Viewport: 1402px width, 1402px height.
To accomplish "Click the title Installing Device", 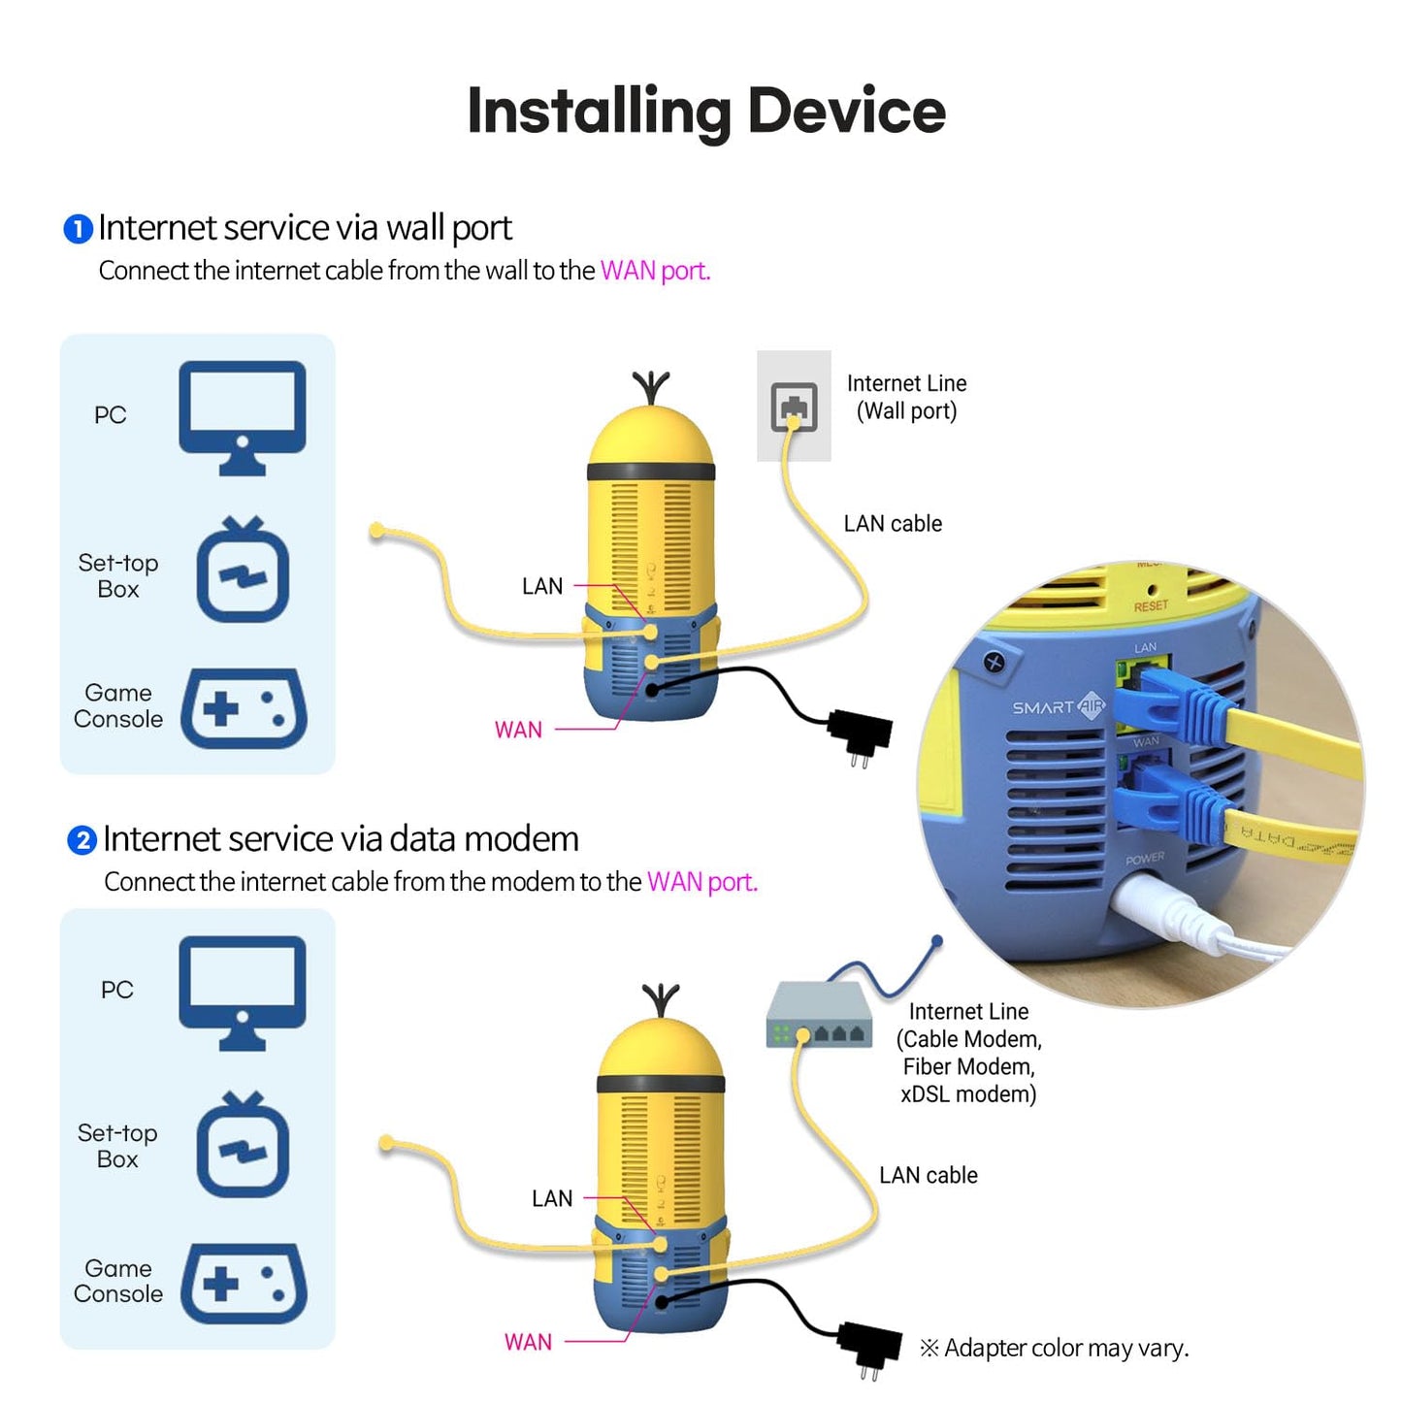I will point(705,112).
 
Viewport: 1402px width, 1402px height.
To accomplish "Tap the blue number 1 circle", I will point(78,229).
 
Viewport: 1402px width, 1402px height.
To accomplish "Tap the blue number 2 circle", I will point(82,840).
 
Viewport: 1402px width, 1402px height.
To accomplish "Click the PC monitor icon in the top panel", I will point(243,416).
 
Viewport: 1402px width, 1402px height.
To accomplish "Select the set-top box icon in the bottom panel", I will point(243,1145).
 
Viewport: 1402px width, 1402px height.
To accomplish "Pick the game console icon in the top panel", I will point(244,708).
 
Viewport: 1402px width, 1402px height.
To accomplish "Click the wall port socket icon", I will point(794,406).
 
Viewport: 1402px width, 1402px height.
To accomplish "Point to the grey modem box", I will point(818,1015).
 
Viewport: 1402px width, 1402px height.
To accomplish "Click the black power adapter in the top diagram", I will point(860,734).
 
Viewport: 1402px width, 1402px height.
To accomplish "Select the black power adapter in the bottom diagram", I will point(869,1345).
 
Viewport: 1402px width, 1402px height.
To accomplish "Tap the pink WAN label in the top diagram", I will point(518,730).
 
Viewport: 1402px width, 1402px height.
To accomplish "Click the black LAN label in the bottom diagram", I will point(552,1199).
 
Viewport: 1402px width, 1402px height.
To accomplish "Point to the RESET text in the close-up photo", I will point(1151,606).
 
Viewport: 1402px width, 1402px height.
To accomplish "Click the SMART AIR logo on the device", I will point(1058,707).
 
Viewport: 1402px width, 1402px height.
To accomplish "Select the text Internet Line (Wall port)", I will point(906,397).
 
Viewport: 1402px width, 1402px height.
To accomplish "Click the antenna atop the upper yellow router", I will point(651,387).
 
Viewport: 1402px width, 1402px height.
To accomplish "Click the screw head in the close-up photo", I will point(993,663).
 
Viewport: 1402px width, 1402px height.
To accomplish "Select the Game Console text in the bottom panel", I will point(118,1281).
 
